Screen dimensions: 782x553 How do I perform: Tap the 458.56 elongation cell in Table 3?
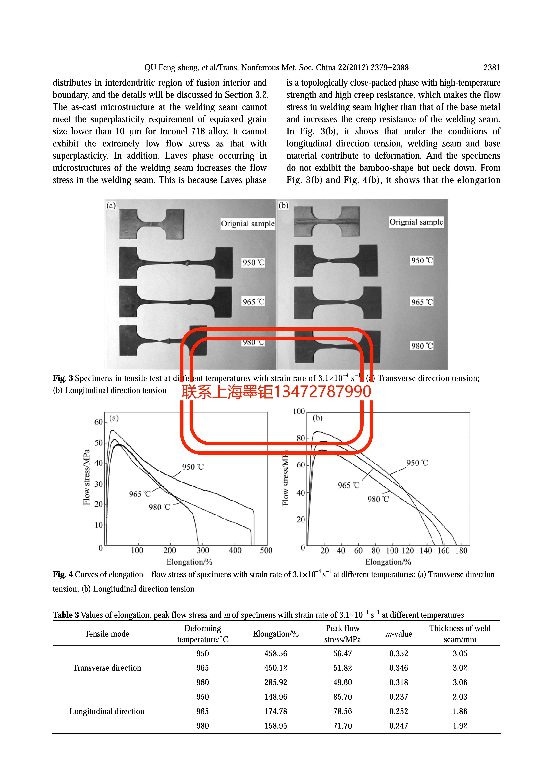tap(276, 654)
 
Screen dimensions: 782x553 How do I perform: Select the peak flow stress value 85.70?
tap(342, 697)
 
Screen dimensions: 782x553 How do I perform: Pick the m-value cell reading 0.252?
tap(399, 711)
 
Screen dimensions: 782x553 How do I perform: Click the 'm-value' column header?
tap(399, 634)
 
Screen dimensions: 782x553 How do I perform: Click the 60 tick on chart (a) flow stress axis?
tap(98, 422)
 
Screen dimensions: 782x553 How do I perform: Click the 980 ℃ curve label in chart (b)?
tap(378, 499)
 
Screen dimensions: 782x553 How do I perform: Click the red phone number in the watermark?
tap(322, 392)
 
